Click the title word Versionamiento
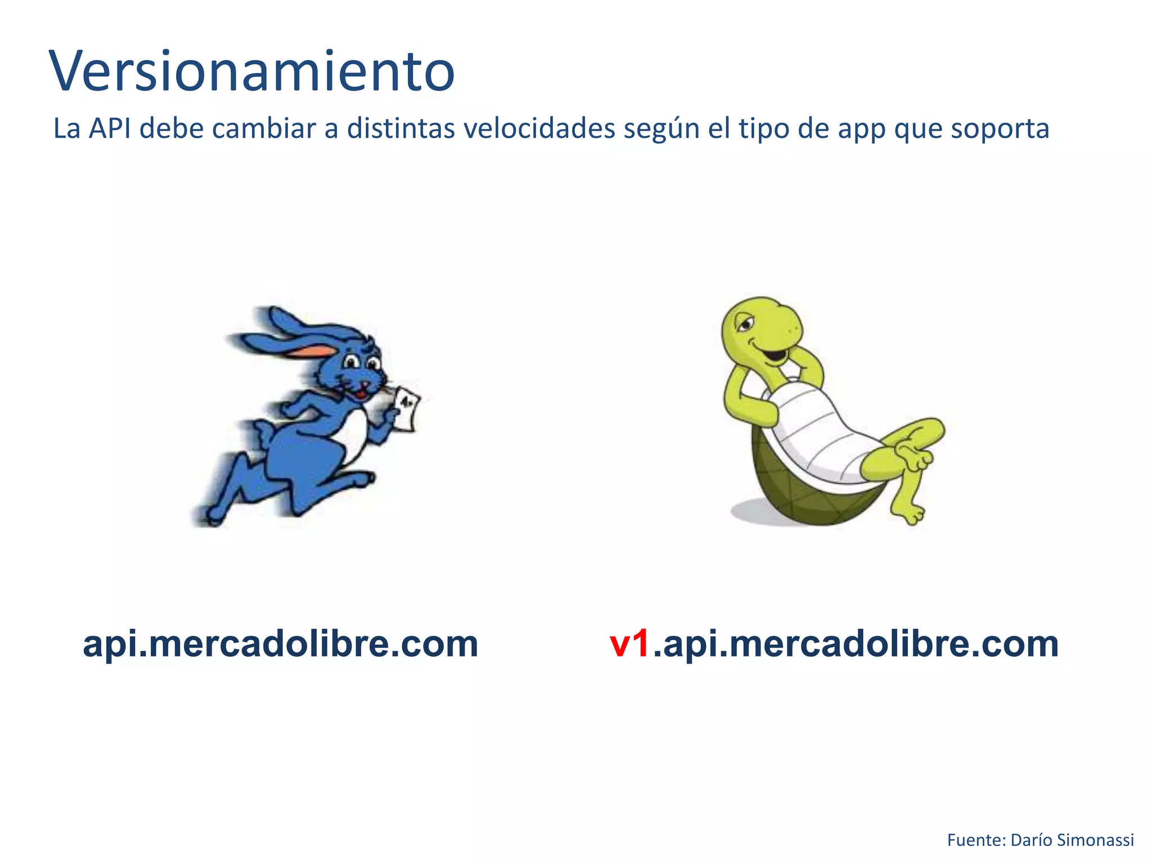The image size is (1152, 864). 252,72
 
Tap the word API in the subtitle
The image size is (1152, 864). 110,129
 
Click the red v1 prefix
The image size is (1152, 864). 630,644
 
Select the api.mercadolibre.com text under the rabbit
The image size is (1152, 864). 280,644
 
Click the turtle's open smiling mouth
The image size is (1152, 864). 775,356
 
